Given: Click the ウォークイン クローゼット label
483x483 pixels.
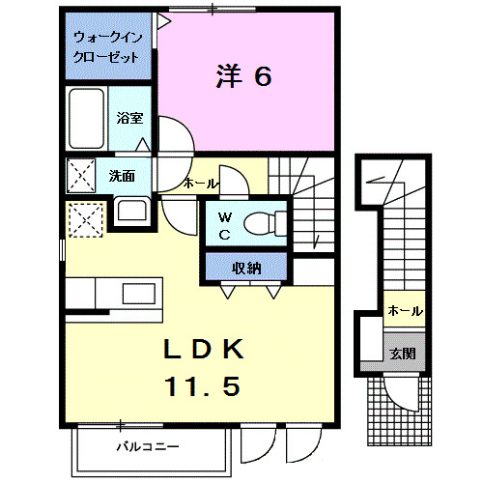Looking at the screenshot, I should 106,48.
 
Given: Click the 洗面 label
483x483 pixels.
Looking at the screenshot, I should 121,176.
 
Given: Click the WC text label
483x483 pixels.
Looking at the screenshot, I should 222,225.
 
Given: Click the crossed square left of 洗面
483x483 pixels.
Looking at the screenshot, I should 79,177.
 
